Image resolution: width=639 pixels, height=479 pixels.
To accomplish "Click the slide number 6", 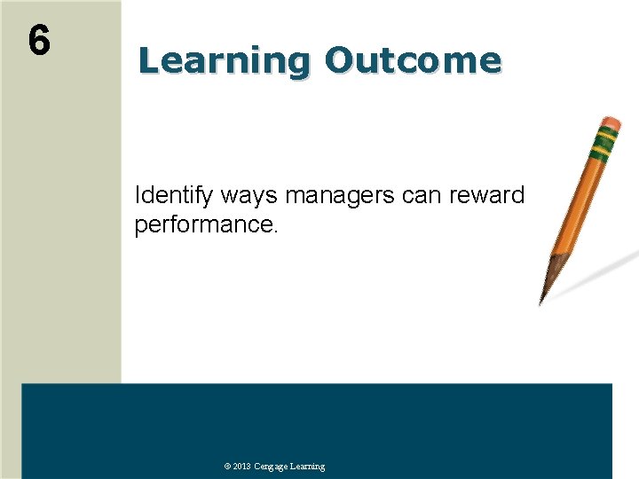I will [x=39, y=41].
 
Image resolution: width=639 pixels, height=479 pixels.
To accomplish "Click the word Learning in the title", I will [x=221, y=61].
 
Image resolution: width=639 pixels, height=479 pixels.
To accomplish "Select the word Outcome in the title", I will [x=413, y=61].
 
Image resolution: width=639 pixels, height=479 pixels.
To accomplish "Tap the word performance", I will [x=203, y=225].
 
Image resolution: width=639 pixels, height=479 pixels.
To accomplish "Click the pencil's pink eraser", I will [x=610, y=122].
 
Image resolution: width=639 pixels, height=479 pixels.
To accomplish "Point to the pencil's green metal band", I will [x=605, y=139].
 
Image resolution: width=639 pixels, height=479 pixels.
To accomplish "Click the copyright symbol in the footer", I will [x=227, y=467].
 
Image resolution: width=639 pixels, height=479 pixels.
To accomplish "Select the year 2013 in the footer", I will [x=242, y=467].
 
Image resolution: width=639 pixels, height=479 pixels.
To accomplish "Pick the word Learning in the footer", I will [x=307, y=467].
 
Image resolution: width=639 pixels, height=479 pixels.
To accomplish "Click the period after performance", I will [x=276, y=232].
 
